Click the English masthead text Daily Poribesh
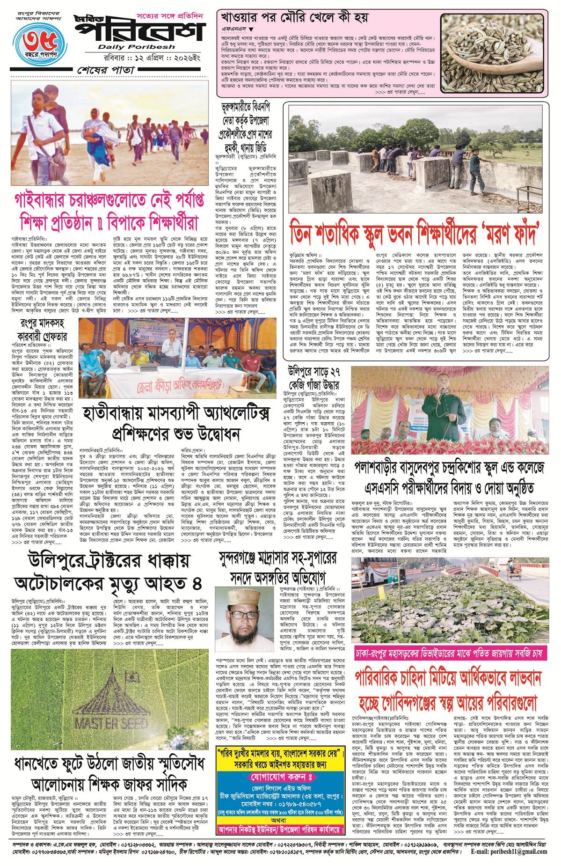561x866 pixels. pos(136,47)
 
